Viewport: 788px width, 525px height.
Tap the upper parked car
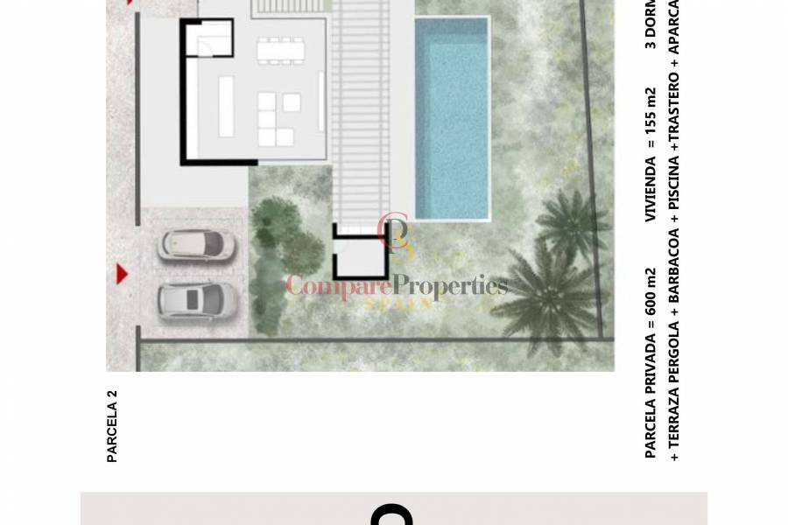197,246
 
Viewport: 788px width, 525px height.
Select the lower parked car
197,300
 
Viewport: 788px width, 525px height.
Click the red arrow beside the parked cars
122,275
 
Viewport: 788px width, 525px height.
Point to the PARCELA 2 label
112,425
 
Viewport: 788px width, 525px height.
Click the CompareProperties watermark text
397,286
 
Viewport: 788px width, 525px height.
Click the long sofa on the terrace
226,107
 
